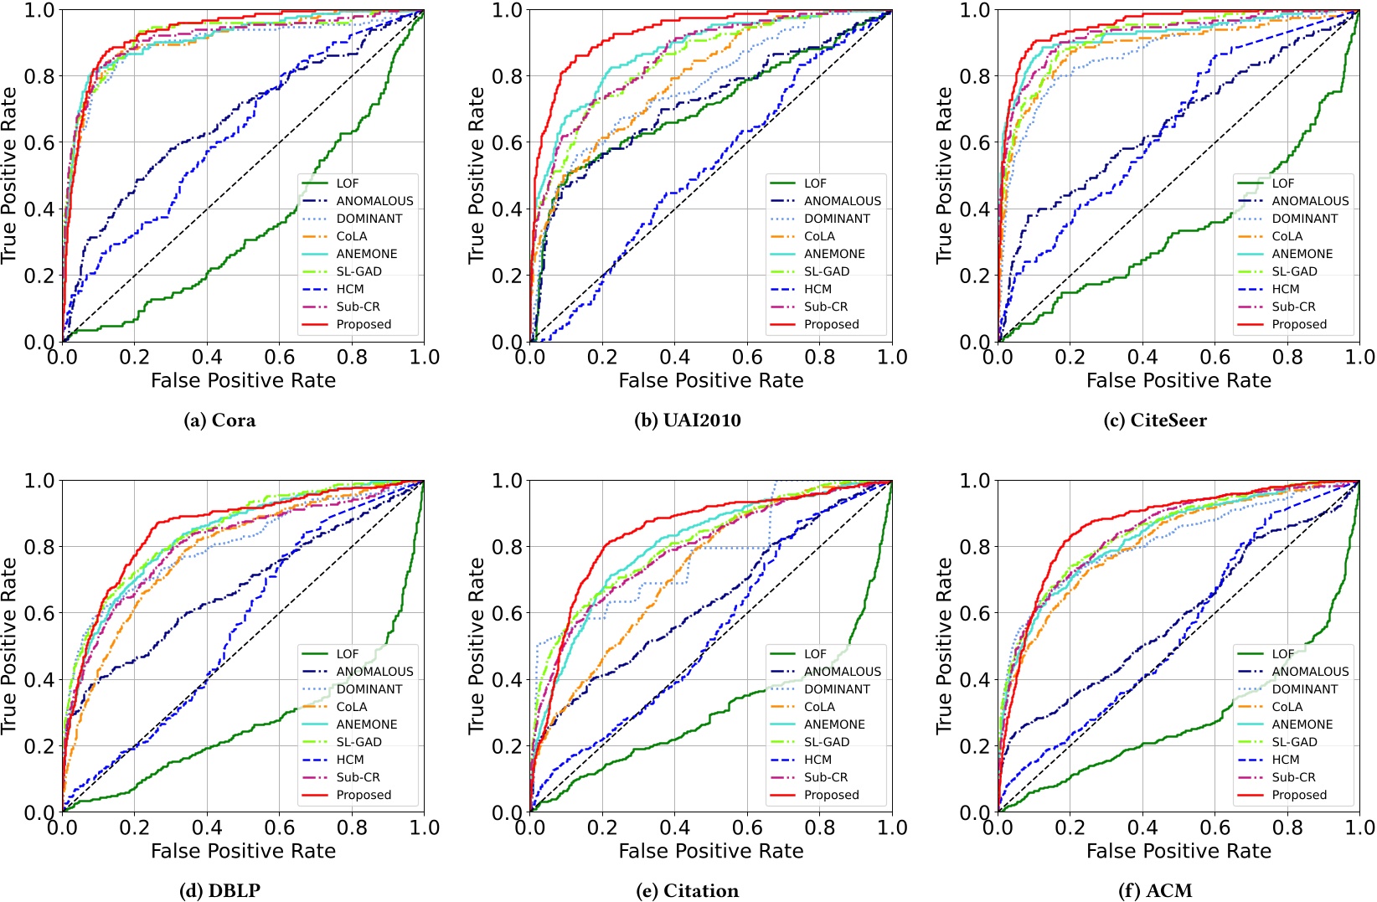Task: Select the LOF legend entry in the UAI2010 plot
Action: click(x=815, y=183)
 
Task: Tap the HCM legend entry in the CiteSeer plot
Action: click(x=1286, y=289)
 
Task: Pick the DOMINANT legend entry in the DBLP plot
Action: click(x=369, y=689)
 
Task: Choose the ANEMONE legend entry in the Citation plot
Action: click(x=834, y=724)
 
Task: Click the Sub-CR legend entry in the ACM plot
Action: click(x=1293, y=777)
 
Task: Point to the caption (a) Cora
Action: click(x=219, y=420)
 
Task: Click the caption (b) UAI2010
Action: click(x=688, y=420)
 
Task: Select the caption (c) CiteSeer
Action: click(x=1155, y=420)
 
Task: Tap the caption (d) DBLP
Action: click(x=219, y=891)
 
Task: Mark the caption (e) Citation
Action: click(x=688, y=891)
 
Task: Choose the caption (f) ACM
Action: click(x=1155, y=891)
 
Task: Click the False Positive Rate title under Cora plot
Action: click(x=243, y=381)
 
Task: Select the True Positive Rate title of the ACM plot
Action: click(x=944, y=646)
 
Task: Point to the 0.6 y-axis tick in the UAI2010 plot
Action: click(x=507, y=142)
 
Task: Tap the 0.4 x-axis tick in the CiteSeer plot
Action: click(x=1142, y=358)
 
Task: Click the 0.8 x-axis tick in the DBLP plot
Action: click(x=352, y=828)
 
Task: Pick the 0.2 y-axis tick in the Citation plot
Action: click(x=507, y=746)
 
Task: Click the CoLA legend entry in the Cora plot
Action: click(x=351, y=236)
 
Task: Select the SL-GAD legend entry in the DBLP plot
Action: click(x=358, y=742)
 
